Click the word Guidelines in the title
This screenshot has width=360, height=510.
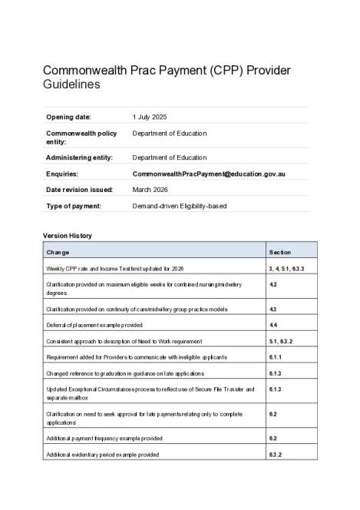[71, 85]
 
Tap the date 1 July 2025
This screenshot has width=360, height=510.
[150, 117]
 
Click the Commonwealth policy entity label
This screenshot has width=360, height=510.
[81, 137]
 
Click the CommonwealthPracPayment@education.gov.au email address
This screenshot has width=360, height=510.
[209, 174]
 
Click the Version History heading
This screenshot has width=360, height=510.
[67, 235]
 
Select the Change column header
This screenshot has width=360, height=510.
[58, 252]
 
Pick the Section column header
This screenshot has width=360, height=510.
[280, 252]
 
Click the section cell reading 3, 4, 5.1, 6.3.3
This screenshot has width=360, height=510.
[287, 268]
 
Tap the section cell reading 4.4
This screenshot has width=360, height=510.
[273, 325]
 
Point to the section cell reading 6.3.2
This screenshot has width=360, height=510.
[276, 455]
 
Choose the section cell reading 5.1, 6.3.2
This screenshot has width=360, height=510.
[282, 341]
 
